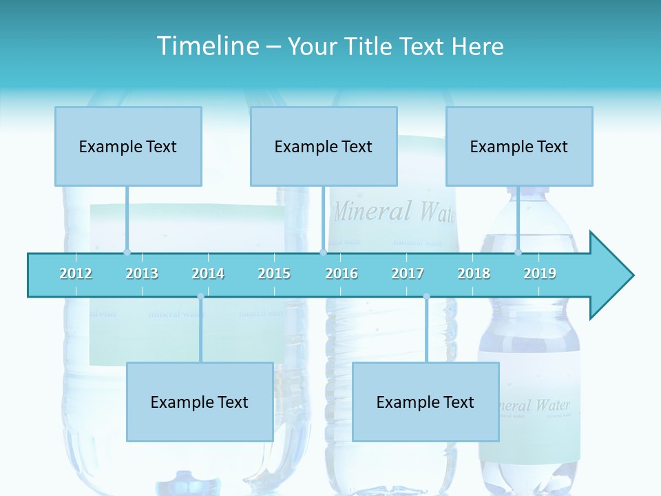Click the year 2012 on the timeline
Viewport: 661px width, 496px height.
click(x=76, y=273)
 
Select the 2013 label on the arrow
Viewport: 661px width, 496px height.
click(x=142, y=273)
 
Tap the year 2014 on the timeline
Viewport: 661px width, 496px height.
click(x=208, y=273)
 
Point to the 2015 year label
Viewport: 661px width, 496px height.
click(x=274, y=273)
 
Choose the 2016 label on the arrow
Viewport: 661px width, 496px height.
click(x=342, y=273)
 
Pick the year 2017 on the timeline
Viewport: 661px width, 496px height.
click(x=408, y=273)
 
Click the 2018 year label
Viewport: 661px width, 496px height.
click(x=474, y=273)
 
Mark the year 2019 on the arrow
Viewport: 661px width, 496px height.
click(x=540, y=273)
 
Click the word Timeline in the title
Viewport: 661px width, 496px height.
click(x=207, y=46)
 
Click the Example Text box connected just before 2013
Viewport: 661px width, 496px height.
click(x=128, y=146)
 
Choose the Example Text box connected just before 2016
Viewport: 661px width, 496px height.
click(x=324, y=146)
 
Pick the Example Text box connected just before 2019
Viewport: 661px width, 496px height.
click(x=519, y=146)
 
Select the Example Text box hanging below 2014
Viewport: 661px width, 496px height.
click(x=200, y=402)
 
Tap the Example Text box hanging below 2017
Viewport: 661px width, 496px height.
click(x=426, y=402)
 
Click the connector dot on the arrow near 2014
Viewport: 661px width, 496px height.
click(x=200, y=296)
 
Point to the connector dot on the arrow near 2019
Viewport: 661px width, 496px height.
click(x=518, y=252)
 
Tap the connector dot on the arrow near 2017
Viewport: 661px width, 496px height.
click(x=426, y=296)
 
